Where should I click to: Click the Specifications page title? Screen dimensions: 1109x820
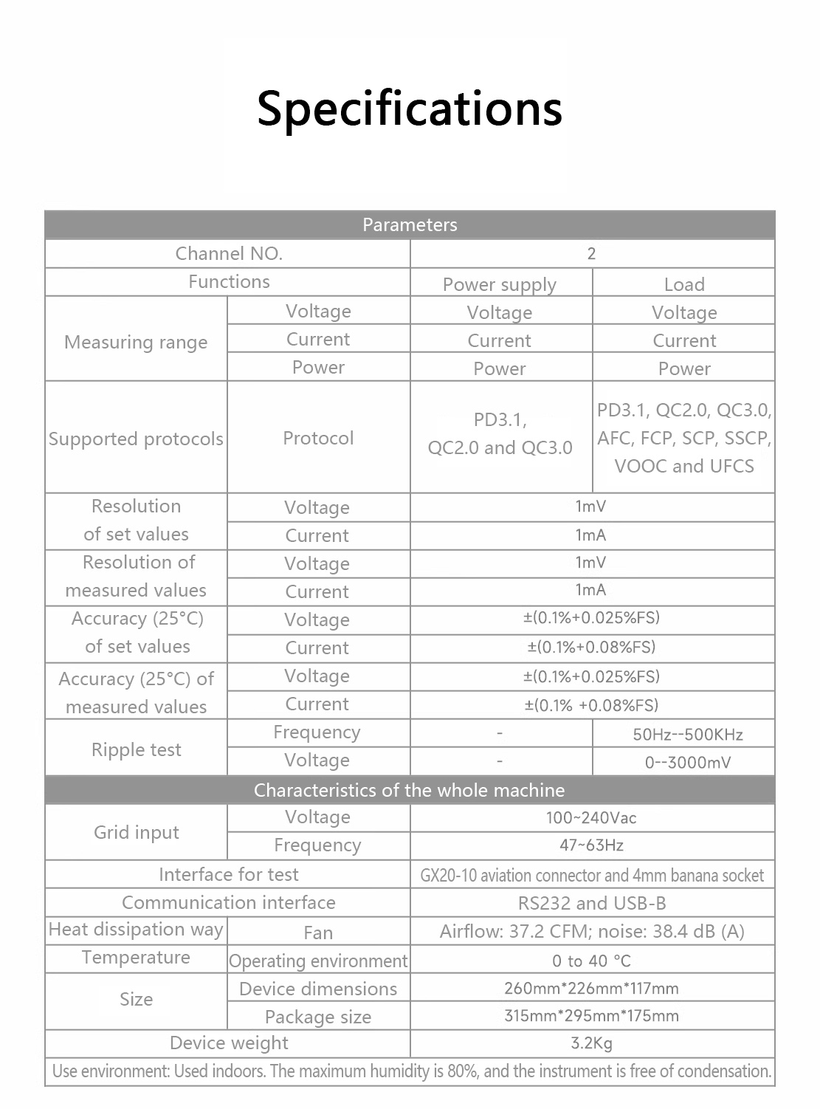click(x=410, y=108)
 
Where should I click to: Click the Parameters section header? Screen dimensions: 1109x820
click(x=410, y=225)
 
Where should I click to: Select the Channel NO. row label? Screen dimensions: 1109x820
click(x=229, y=254)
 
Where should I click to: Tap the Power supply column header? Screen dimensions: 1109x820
click(x=500, y=284)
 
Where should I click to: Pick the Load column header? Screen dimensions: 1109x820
click(x=684, y=284)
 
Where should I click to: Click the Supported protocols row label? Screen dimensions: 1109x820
click(x=136, y=439)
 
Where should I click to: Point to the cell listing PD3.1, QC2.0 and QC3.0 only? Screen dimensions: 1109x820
click(x=500, y=434)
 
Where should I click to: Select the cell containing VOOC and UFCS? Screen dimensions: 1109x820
click(x=684, y=439)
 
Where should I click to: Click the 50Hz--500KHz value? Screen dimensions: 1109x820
click(x=687, y=735)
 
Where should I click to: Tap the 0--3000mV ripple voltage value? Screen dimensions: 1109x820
click(x=687, y=763)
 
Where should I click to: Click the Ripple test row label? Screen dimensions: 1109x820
click(x=136, y=749)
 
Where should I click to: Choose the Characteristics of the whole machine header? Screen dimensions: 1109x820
click(x=410, y=790)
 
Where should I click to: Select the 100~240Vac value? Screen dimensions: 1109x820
click(x=591, y=818)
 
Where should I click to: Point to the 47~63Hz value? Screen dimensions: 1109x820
click(x=591, y=845)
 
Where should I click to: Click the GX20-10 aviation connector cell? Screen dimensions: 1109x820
click(x=592, y=876)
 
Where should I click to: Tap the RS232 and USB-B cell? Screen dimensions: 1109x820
click(x=592, y=903)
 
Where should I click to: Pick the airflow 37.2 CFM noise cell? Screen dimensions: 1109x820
click(x=592, y=932)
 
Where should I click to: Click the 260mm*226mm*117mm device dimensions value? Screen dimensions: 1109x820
click(x=591, y=989)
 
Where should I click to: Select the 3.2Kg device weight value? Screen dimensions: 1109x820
click(x=591, y=1043)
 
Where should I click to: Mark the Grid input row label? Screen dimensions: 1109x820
click(x=136, y=833)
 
